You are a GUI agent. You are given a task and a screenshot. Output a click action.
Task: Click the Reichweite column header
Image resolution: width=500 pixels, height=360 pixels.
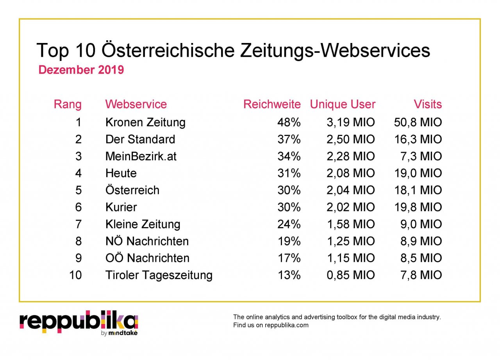coord(272,104)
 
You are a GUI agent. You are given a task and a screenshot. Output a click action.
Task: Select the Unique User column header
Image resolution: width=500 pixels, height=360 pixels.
coord(343,104)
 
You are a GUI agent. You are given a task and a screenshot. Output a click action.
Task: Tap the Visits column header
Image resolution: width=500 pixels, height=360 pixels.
coord(428,104)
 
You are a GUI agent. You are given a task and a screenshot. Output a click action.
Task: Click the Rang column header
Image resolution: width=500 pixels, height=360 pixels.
coord(68,104)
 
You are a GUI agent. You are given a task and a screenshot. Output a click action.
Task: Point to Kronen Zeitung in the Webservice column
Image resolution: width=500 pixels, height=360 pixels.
coord(145,122)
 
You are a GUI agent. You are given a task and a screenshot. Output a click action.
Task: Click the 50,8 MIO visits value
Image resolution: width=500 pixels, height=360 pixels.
coord(418,122)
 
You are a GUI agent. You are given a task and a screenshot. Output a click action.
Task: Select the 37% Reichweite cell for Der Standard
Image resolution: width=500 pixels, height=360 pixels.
coord(289,140)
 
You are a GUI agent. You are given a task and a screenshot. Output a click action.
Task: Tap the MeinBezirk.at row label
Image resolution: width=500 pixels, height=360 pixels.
coord(141,156)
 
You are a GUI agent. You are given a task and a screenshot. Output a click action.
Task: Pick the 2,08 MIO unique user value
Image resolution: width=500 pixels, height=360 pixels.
coord(350,173)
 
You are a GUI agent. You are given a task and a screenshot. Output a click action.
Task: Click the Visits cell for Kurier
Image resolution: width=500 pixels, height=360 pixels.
coord(418,207)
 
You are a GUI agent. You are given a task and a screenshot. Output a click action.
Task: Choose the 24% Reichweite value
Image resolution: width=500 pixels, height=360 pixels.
coord(289,224)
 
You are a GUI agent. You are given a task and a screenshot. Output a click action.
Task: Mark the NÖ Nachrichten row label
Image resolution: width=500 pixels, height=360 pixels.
coord(147,241)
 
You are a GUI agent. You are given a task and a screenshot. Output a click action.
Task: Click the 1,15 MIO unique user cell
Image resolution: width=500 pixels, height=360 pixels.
coord(350,258)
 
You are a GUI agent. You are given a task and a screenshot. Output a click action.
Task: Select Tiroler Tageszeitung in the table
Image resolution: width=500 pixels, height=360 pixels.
coord(159,275)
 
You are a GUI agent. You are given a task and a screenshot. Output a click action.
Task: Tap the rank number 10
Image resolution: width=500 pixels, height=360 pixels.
coord(75,275)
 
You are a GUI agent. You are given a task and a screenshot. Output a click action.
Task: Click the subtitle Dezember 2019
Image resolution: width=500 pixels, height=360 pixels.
coord(81,70)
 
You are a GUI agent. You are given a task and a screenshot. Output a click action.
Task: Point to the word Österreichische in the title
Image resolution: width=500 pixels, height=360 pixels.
coord(168,51)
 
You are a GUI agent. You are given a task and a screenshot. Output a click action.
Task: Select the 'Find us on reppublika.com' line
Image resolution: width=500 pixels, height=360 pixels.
coord(271,325)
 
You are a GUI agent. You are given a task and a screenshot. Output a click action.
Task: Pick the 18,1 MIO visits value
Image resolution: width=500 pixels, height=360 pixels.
coord(418,190)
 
